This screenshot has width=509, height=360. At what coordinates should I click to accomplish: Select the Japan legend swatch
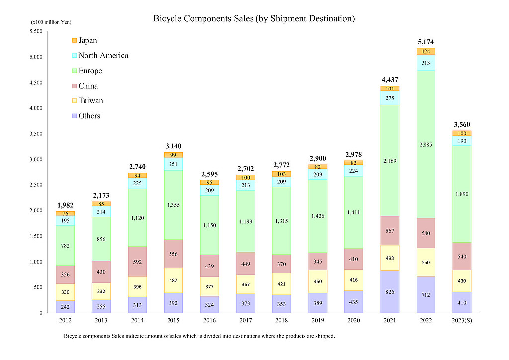(75, 40)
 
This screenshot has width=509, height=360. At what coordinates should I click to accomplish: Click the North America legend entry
(103, 56)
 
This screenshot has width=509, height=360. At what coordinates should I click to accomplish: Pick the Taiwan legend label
(90, 101)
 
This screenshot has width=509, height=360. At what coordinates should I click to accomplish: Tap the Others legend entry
(89, 116)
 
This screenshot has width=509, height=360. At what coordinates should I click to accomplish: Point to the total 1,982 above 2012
(65, 205)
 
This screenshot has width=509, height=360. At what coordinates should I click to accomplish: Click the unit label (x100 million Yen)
(51, 22)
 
